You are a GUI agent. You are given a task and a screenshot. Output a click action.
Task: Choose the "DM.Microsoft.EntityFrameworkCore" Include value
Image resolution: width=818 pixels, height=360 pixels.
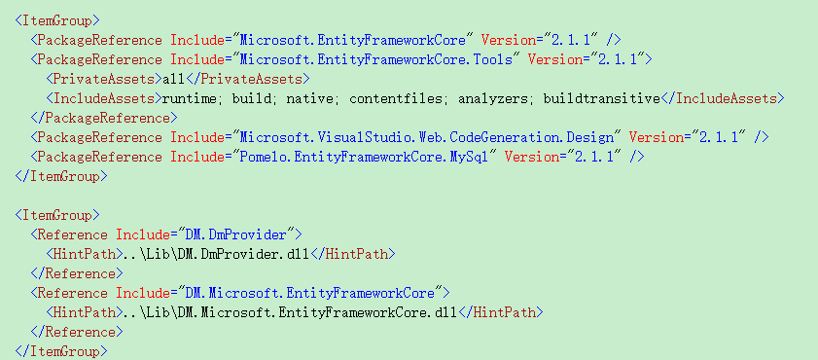click(308, 292)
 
